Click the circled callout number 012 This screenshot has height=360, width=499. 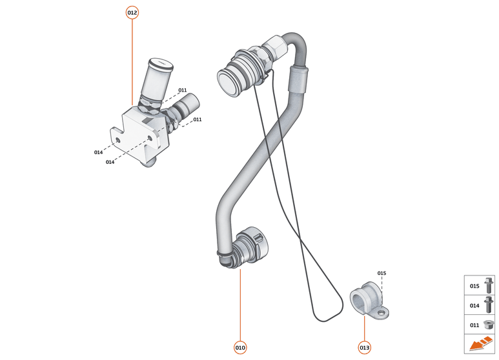pos(132,12)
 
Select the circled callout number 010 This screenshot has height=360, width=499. pos(240,348)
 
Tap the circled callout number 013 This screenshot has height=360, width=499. pos(365,348)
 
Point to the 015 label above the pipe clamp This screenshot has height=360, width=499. pos(382,274)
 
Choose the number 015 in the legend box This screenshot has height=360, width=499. pos(474,286)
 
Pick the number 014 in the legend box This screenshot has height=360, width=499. pos(474,305)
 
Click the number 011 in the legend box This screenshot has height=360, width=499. pos(474,325)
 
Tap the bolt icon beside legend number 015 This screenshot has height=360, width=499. pos(488,285)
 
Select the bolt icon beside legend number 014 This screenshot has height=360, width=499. pos(488,305)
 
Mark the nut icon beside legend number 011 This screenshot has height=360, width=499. pos(488,325)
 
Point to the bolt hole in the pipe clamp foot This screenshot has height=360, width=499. pos(382,313)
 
